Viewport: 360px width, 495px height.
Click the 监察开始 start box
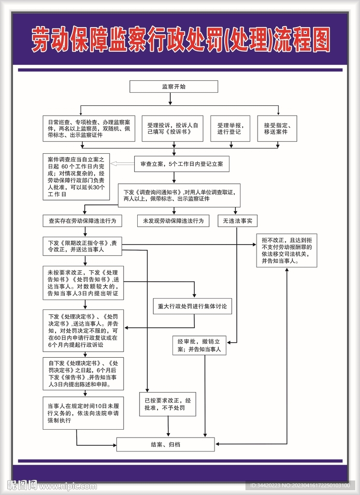pyautogui.click(x=173, y=87)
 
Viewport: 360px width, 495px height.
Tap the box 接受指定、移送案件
pyautogui.click(x=276, y=128)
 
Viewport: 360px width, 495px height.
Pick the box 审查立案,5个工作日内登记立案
pyautogui.click(x=181, y=164)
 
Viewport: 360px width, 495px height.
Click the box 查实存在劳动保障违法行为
pyautogui.click(x=82, y=221)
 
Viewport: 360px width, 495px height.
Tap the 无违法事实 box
pyautogui.click(x=237, y=221)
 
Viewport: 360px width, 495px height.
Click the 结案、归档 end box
pyautogui.click(x=165, y=444)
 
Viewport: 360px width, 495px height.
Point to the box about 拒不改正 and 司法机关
pyautogui.click(x=287, y=250)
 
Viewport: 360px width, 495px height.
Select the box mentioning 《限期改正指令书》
pyautogui.click(x=82, y=247)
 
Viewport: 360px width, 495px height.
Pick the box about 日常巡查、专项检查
pyautogui.click(x=89, y=128)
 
